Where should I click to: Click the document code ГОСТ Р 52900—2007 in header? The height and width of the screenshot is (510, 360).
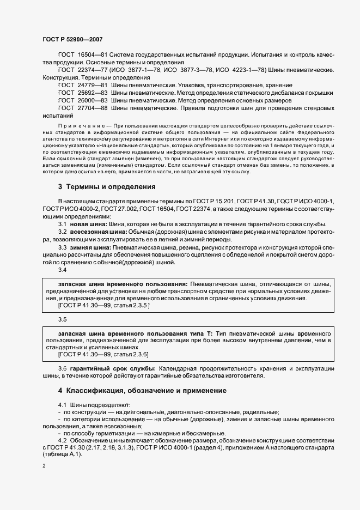point(72,39)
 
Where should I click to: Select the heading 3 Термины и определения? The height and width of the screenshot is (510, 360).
point(107,186)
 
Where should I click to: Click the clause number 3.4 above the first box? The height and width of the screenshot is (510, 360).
point(62,270)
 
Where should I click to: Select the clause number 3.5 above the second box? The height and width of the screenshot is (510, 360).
point(62,319)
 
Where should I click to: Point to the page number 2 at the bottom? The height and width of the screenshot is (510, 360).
point(44,466)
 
